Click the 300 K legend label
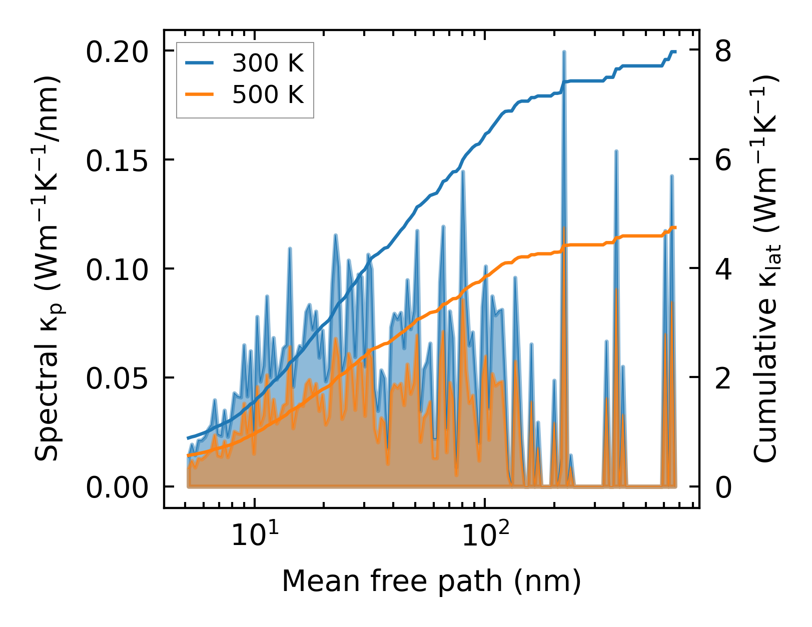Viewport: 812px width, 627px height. point(268,63)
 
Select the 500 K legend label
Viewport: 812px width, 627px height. point(268,94)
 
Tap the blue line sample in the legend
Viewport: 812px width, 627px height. point(200,63)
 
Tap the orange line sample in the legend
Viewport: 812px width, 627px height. point(200,94)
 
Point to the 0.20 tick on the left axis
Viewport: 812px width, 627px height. point(117,52)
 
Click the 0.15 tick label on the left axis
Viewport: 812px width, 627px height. point(117,161)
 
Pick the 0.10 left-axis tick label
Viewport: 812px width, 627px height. point(117,269)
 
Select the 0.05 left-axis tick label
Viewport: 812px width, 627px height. point(117,378)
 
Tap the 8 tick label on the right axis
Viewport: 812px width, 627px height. point(723,52)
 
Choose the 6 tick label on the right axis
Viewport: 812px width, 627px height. point(723,161)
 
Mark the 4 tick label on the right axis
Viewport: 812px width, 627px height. point(723,269)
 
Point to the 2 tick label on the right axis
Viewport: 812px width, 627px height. point(723,378)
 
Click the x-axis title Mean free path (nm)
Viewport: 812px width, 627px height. point(431,581)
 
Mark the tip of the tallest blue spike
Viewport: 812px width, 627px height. point(564,51)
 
